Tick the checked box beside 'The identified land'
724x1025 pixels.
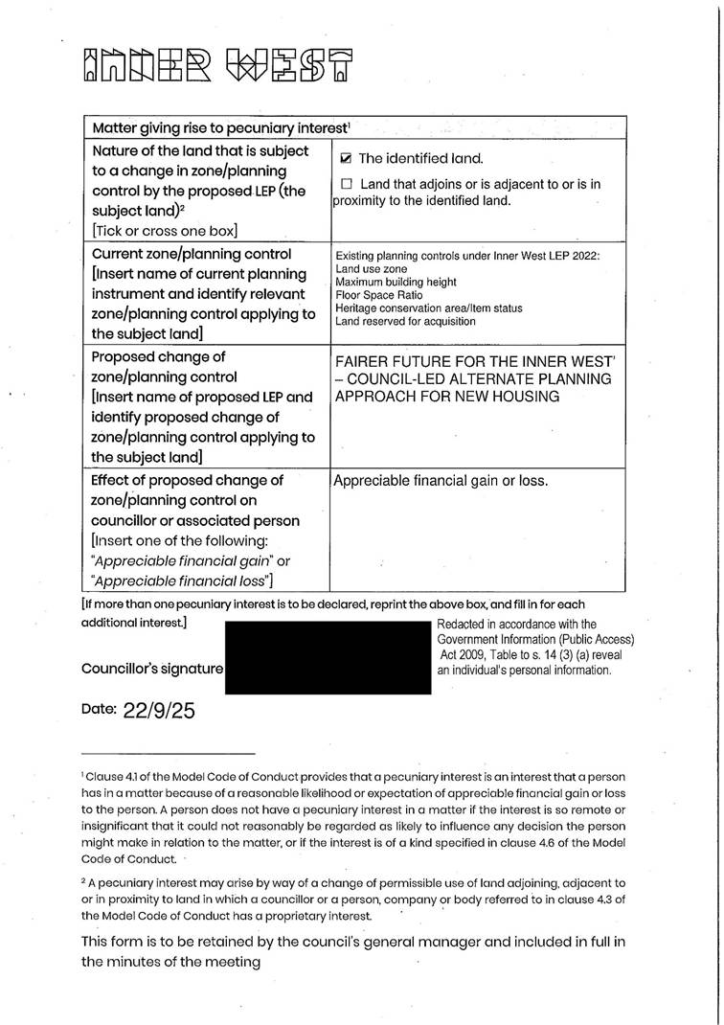[347, 159]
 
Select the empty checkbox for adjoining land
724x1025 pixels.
[347, 184]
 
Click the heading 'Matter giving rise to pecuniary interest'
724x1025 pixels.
[220, 127]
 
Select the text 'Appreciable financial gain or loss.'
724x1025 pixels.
[441, 481]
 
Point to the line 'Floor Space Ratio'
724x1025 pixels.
[379, 295]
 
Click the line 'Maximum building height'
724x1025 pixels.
[396, 283]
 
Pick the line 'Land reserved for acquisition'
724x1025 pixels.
[405, 321]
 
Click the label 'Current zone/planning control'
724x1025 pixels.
[192, 254]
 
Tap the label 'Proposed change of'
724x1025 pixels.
[158, 356]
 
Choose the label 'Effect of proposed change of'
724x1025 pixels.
[188, 480]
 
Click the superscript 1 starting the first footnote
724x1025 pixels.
[83, 775]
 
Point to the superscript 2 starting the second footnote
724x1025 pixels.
[84, 880]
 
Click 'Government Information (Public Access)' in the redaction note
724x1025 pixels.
[535, 640]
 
